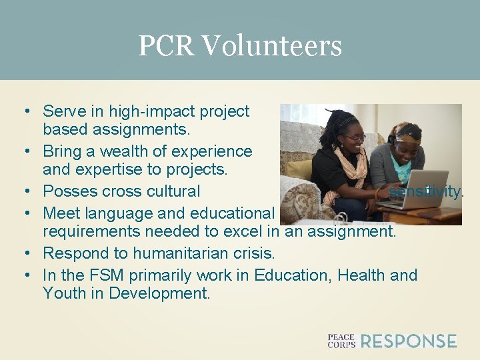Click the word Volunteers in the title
(271, 46)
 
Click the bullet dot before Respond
(25, 254)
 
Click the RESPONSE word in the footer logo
(409, 341)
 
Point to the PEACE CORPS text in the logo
(341, 341)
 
